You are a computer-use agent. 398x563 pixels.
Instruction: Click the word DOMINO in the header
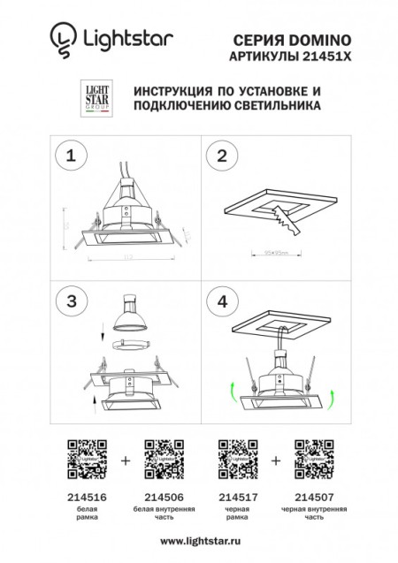322,40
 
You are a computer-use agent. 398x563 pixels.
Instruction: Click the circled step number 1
68,156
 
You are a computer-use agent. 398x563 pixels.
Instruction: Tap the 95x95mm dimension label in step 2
278,251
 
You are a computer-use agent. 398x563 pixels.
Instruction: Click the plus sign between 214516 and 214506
125,460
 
